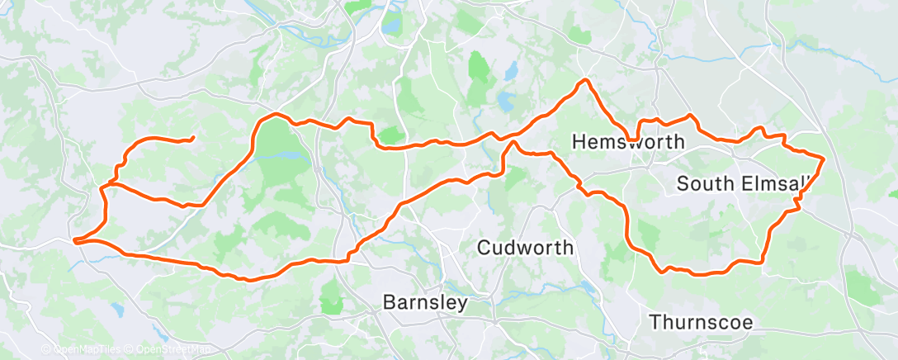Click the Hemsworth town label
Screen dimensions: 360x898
coord(628,142)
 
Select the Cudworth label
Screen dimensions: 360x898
coord(526,247)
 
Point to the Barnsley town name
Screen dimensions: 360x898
coord(425,302)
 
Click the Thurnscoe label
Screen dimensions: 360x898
coord(701,321)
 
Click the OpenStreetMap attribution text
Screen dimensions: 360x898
coord(170,350)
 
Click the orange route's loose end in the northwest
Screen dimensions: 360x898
coord(192,138)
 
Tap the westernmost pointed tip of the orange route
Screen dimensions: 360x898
coord(74,241)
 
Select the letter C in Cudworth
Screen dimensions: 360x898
coord(484,247)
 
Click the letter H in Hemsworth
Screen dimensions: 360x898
coord(579,142)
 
